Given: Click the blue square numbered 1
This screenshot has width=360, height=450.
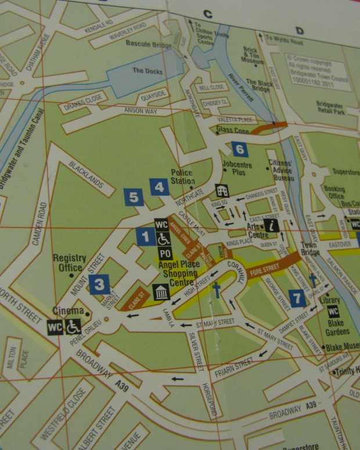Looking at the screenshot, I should (x=146, y=236).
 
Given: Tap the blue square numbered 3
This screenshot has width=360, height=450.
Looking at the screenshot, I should (x=99, y=284).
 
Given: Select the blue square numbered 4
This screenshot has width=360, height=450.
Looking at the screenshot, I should (x=159, y=187).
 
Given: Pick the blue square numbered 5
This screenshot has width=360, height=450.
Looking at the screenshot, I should (x=134, y=197).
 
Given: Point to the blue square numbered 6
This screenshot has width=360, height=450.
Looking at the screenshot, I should (x=239, y=150).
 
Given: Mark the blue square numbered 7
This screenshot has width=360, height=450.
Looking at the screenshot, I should (x=298, y=299).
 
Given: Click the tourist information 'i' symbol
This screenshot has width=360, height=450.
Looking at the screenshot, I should (x=271, y=225).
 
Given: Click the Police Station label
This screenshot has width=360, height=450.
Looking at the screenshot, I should (x=182, y=177).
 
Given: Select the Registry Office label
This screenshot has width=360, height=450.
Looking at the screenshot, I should (x=70, y=262).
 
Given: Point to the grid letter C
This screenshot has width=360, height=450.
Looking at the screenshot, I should (x=207, y=15).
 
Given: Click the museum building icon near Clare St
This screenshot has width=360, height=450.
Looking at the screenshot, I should (x=161, y=291).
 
